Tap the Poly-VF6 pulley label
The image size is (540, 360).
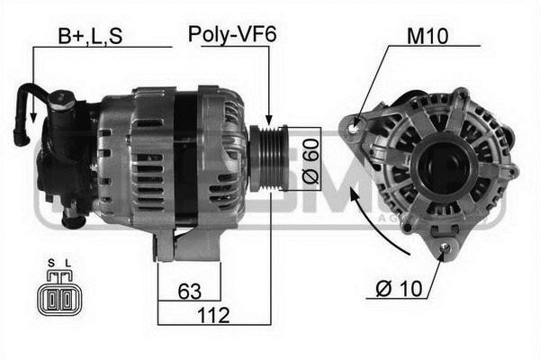[x=231, y=35]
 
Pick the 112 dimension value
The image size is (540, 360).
[x=214, y=316]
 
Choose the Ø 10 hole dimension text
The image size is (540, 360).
[x=396, y=290]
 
